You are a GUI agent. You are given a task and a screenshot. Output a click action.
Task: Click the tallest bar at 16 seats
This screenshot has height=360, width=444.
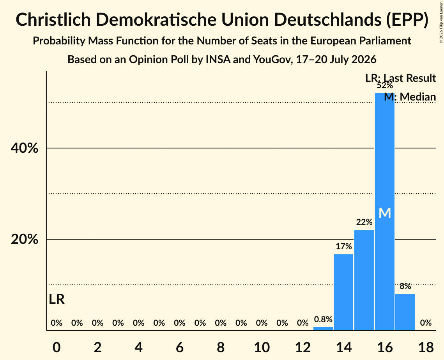pyautogui.click(x=384, y=212)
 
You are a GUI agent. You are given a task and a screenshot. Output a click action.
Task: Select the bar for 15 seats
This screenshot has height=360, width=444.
pyautogui.click(x=364, y=280)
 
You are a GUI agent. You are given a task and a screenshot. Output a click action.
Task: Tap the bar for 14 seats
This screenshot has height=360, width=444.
pyautogui.click(x=343, y=292)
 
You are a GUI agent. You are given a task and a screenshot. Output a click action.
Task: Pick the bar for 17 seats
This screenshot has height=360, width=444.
pyautogui.click(x=405, y=312)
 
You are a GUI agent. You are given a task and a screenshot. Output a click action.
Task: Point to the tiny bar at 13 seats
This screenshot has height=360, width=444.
pyautogui.click(x=323, y=328)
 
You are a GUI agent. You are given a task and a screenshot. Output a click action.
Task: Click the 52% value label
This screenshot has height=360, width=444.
pyautogui.click(x=384, y=85)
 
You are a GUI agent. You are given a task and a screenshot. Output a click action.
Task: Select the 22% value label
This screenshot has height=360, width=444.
pyautogui.click(x=364, y=222)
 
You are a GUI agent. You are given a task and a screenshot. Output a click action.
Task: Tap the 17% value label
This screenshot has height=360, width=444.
pyautogui.click(x=344, y=246)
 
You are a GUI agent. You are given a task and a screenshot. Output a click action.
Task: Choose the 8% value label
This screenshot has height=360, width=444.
pyautogui.click(x=405, y=286)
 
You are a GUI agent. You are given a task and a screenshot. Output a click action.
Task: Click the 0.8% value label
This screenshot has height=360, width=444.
pyautogui.click(x=323, y=319)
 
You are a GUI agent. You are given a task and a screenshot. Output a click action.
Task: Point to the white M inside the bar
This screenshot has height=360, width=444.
pyautogui.click(x=385, y=213)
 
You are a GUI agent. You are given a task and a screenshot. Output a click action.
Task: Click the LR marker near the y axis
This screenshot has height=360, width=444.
pyautogui.click(x=57, y=300)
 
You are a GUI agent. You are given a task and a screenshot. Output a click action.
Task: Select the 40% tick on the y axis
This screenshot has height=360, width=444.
pyautogui.click(x=24, y=148)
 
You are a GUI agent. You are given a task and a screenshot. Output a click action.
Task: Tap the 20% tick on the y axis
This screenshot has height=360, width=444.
pyautogui.click(x=24, y=240)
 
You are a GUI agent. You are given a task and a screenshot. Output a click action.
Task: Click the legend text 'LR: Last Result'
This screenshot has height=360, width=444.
pyautogui.click(x=400, y=78)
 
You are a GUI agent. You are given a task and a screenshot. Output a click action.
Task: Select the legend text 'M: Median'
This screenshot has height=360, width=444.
pyautogui.click(x=410, y=97)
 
